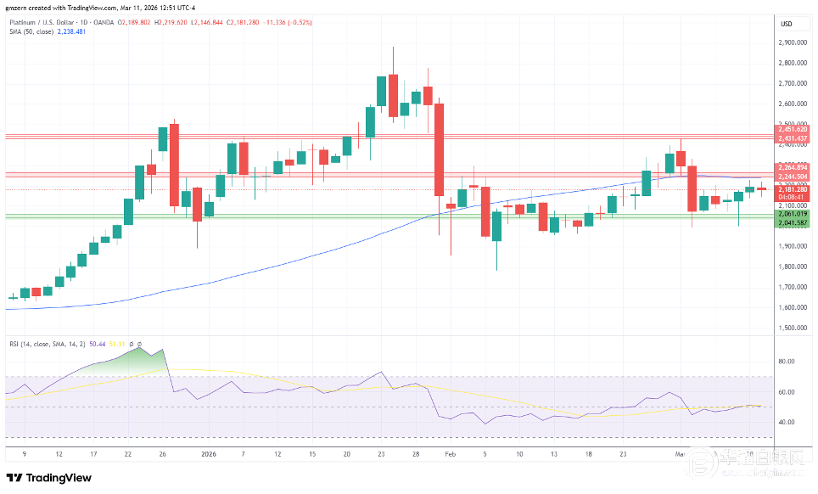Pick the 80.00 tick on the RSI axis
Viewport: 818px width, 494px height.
pyautogui.click(x=787, y=362)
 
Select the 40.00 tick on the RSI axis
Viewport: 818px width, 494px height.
pyautogui.click(x=787, y=422)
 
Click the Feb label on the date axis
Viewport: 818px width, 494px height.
pyautogui.click(x=451, y=455)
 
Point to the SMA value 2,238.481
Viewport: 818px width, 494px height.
pyautogui.click(x=73, y=31)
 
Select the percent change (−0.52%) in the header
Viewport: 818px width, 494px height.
pyautogui.click(x=300, y=22)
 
